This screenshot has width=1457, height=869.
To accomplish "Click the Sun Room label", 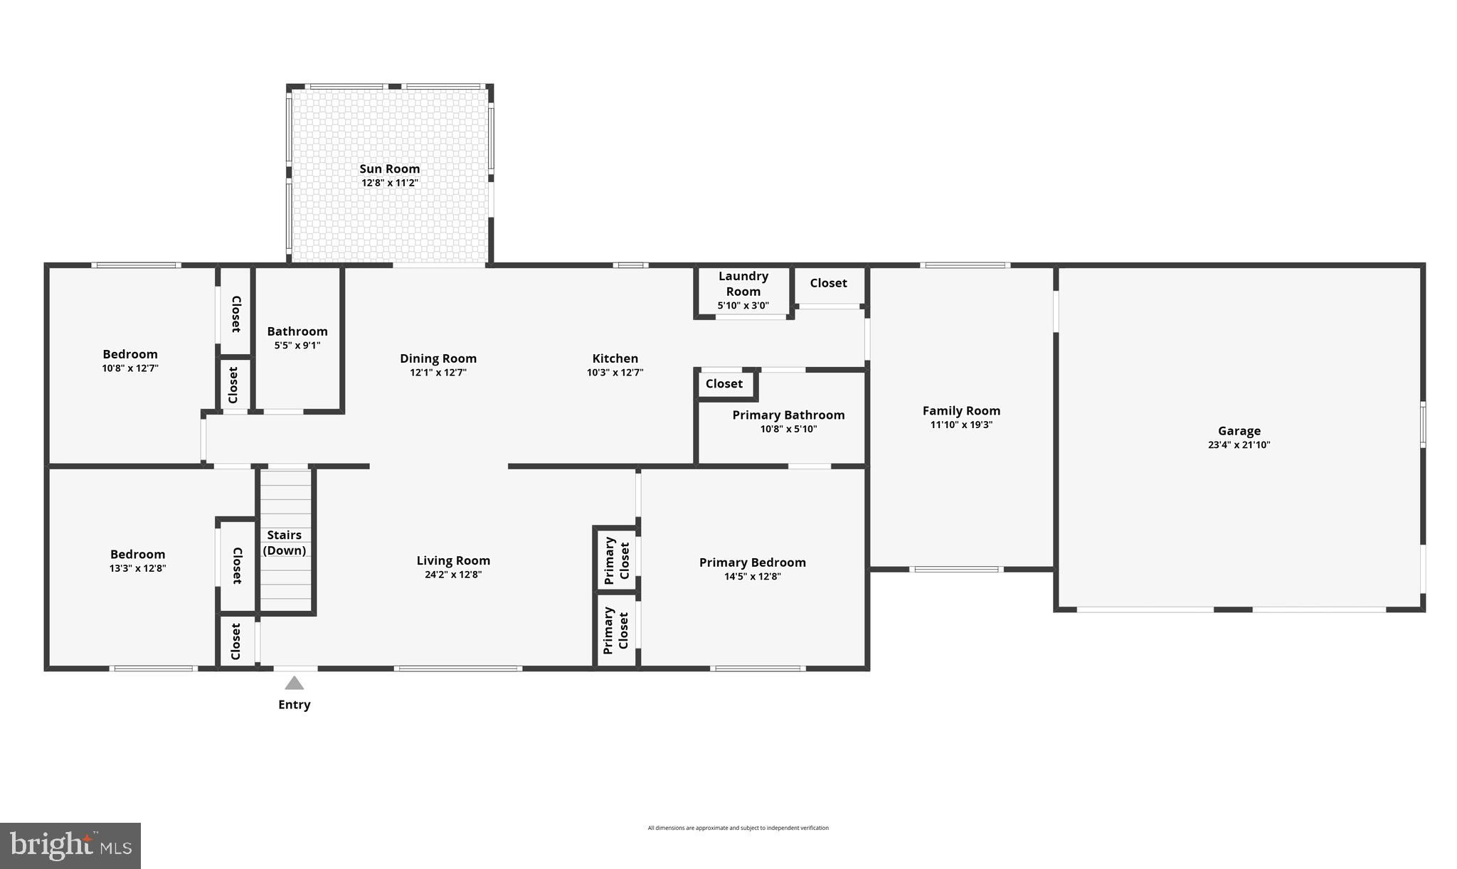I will coord(389,169).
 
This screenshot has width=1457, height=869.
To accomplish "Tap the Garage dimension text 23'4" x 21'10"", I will coord(1239,445).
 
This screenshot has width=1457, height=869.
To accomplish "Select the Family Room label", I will coord(961,410).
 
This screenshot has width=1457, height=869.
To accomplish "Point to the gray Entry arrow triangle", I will coord(295,683).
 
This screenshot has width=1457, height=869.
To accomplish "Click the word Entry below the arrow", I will coord(294,705).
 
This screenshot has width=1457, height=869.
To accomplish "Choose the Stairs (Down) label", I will coord(285,543).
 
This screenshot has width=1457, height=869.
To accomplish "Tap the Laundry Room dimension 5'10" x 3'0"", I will coord(743,306).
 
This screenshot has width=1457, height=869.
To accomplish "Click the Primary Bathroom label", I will coord(788,415).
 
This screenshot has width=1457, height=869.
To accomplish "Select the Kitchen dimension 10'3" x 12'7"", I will coord(615,373).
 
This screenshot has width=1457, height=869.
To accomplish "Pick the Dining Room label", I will coord(438,358).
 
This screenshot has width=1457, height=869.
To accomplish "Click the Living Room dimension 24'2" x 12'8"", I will coord(453,575).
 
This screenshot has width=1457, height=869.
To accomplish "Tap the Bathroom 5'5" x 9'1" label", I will coord(297,338).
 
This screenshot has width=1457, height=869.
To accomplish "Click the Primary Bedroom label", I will coord(752,563).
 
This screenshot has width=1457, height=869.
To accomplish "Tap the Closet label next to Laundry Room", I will coord(828,283).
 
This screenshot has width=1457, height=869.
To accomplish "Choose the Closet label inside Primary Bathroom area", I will coord(724,384).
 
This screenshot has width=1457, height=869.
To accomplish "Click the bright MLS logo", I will coord(70,846).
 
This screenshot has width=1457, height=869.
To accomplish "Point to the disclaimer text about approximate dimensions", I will coord(738,828).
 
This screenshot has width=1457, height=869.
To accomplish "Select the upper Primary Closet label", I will coord(616,561).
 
